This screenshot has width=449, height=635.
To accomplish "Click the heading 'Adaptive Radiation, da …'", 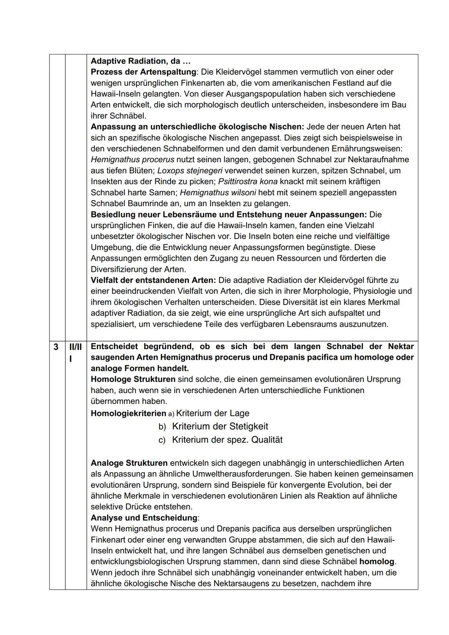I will tap(141, 61).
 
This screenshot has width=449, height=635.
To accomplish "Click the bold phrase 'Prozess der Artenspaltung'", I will tap(143, 72).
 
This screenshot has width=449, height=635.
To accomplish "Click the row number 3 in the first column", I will tap(56, 347).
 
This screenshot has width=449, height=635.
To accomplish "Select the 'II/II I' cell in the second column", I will tap(75, 352).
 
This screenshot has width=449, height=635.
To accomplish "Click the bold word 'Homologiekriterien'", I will tap(128, 413).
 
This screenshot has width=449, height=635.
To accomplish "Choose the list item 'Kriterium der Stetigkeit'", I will tap(220, 426).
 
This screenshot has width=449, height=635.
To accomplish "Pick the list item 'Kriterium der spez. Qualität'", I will tap(227, 440).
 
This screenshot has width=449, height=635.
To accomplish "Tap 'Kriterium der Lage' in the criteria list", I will tap(212, 413).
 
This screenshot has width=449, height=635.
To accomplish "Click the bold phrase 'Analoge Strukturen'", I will tap(129, 463).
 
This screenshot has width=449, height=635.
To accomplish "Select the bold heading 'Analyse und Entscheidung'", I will tap(144, 518).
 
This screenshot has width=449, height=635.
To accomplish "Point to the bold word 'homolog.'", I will tap(377, 561).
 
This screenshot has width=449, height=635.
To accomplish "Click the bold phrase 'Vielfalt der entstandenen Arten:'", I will tap(153, 281).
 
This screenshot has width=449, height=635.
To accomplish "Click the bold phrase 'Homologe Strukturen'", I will tap(133, 379).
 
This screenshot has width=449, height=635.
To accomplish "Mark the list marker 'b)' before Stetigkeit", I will tap(162, 427).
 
